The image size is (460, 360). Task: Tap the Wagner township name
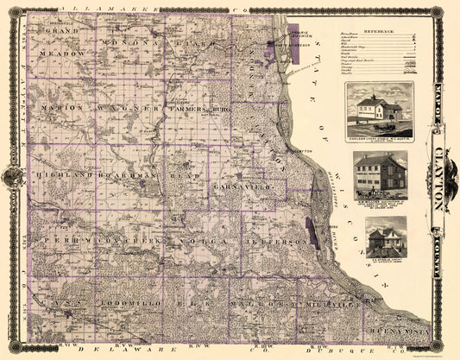(x=128, y=108)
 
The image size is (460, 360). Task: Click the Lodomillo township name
(x=128, y=305)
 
